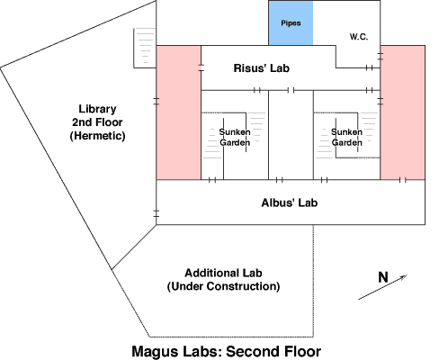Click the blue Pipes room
pyautogui.click(x=291, y=23)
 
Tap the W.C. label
pyautogui.click(x=359, y=37)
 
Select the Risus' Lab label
pyautogui.click(x=262, y=68)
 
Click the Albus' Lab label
pyautogui.click(x=290, y=202)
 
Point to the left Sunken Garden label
pyautogui.click(x=235, y=137)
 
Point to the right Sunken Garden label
pyautogui.click(x=346, y=137)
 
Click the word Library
pyautogui.click(x=97, y=109)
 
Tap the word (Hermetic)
pyautogui.click(x=97, y=136)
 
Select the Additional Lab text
pyautogui.click(x=223, y=273)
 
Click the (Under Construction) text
pyautogui.click(x=223, y=286)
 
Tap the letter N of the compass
pyautogui.click(x=383, y=277)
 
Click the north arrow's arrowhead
pyautogui.click(x=404, y=276)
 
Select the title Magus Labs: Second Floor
pyautogui.click(x=227, y=351)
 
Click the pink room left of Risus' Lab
pyautogui.click(x=178, y=112)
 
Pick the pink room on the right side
pyautogui.click(x=403, y=112)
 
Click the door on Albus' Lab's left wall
pyautogui.click(x=157, y=213)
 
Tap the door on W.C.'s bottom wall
pyautogui.click(x=370, y=67)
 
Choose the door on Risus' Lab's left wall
pyautogui.click(x=201, y=67)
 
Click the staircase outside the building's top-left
pyautogui.click(x=145, y=48)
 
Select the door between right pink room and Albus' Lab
pyautogui.click(x=403, y=180)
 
